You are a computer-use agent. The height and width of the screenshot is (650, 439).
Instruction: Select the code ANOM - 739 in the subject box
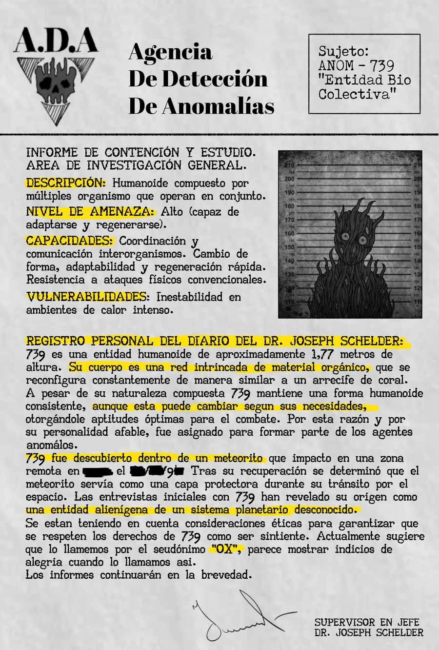pyautogui.click(x=356, y=65)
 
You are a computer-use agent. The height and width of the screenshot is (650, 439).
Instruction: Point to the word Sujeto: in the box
pyautogui.click(x=343, y=51)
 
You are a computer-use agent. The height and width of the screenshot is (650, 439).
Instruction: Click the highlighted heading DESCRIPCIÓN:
pyautogui.click(x=65, y=183)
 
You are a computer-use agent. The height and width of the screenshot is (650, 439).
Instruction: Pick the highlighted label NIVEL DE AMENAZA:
pyautogui.click(x=90, y=212)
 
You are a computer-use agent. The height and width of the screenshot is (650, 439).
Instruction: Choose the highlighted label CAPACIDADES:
pyautogui.click(x=70, y=241)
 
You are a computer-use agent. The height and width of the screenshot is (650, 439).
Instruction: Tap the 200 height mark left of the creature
pyautogui.click(x=289, y=179)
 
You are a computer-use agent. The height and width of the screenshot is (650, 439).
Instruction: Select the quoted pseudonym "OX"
pyautogui.click(x=226, y=549)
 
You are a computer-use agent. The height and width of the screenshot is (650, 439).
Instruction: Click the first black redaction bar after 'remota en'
pyautogui.click(x=98, y=471)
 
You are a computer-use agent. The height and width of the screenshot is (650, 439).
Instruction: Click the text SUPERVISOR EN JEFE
pyautogui.click(x=367, y=622)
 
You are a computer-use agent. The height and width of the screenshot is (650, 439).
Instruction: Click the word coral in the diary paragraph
pyautogui.click(x=393, y=380)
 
